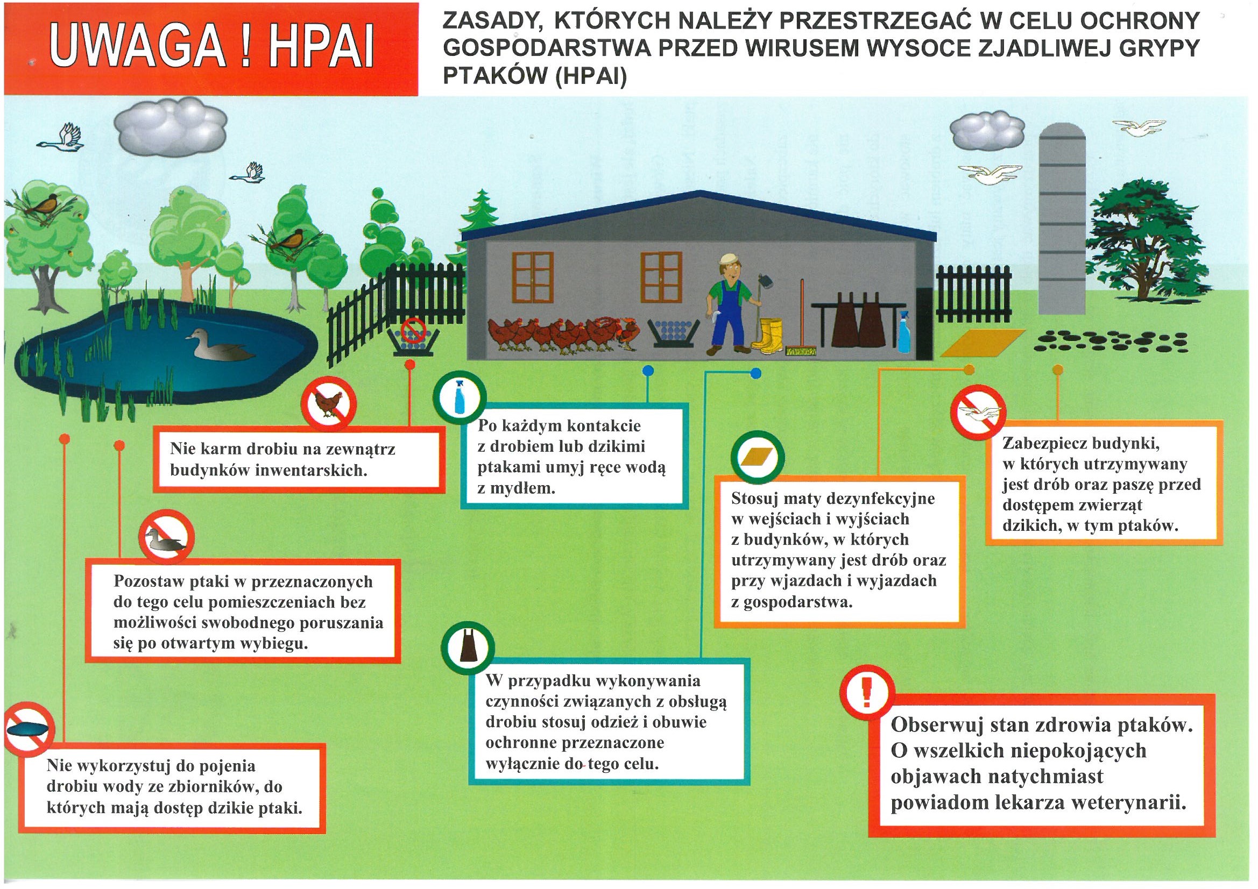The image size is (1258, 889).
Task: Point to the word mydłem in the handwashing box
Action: click(516, 488)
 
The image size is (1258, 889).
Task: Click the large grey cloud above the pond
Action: click(171, 127)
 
